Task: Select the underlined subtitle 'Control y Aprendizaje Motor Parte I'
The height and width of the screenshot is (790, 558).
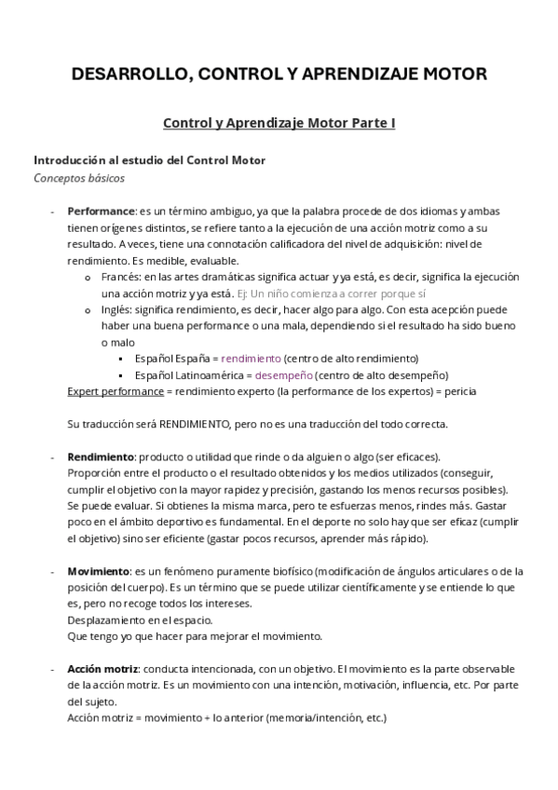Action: (279, 123)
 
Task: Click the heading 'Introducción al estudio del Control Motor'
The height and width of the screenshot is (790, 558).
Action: (149, 160)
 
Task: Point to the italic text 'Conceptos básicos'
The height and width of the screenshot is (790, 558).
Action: (78, 178)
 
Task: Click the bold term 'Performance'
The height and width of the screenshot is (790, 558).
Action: (102, 211)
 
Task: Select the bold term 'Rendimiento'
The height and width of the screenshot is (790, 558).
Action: (101, 456)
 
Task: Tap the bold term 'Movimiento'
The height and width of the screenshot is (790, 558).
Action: (98, 570)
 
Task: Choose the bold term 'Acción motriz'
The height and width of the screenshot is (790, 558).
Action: (103, 669)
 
